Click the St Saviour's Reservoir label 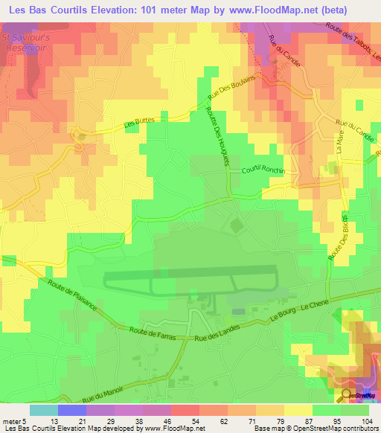coord(25,42)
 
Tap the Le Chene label coord(316,305)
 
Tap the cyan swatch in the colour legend coord(43,410)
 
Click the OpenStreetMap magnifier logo coord(345,395)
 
